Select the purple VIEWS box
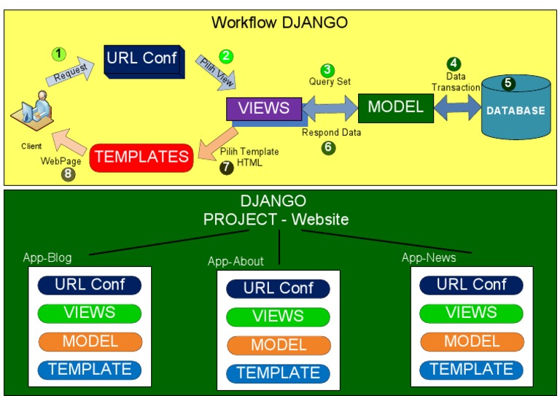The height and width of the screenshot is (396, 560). (x=263, y=109)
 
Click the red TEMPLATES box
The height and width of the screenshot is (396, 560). (x=141, y=157)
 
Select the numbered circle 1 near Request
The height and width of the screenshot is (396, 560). (x=59, y=54)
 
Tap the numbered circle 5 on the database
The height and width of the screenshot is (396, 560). (x=508, y=83)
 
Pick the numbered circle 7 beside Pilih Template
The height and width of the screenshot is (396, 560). (x=227, y=167)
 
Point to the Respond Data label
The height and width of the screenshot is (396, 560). (x=332, y=133)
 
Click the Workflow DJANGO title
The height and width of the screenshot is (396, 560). (x=279, y=22)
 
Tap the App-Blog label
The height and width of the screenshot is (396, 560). (x=47, y=257)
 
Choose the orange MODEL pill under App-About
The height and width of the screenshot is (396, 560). (x=278, y=345)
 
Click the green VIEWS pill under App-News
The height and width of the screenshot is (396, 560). (x=471, y=313)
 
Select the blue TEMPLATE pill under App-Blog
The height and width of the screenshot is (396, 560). (x=90, y=369)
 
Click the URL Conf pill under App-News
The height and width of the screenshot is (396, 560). (x=471, y=284)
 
